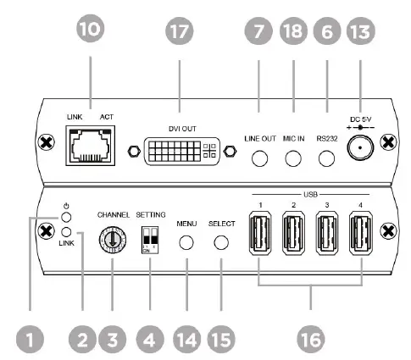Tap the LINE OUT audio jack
pos(260,158)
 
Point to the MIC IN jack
pos(294,158)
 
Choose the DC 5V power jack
pos(362,150)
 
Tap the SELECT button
pos(221,241)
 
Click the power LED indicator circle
pos(66,216)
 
